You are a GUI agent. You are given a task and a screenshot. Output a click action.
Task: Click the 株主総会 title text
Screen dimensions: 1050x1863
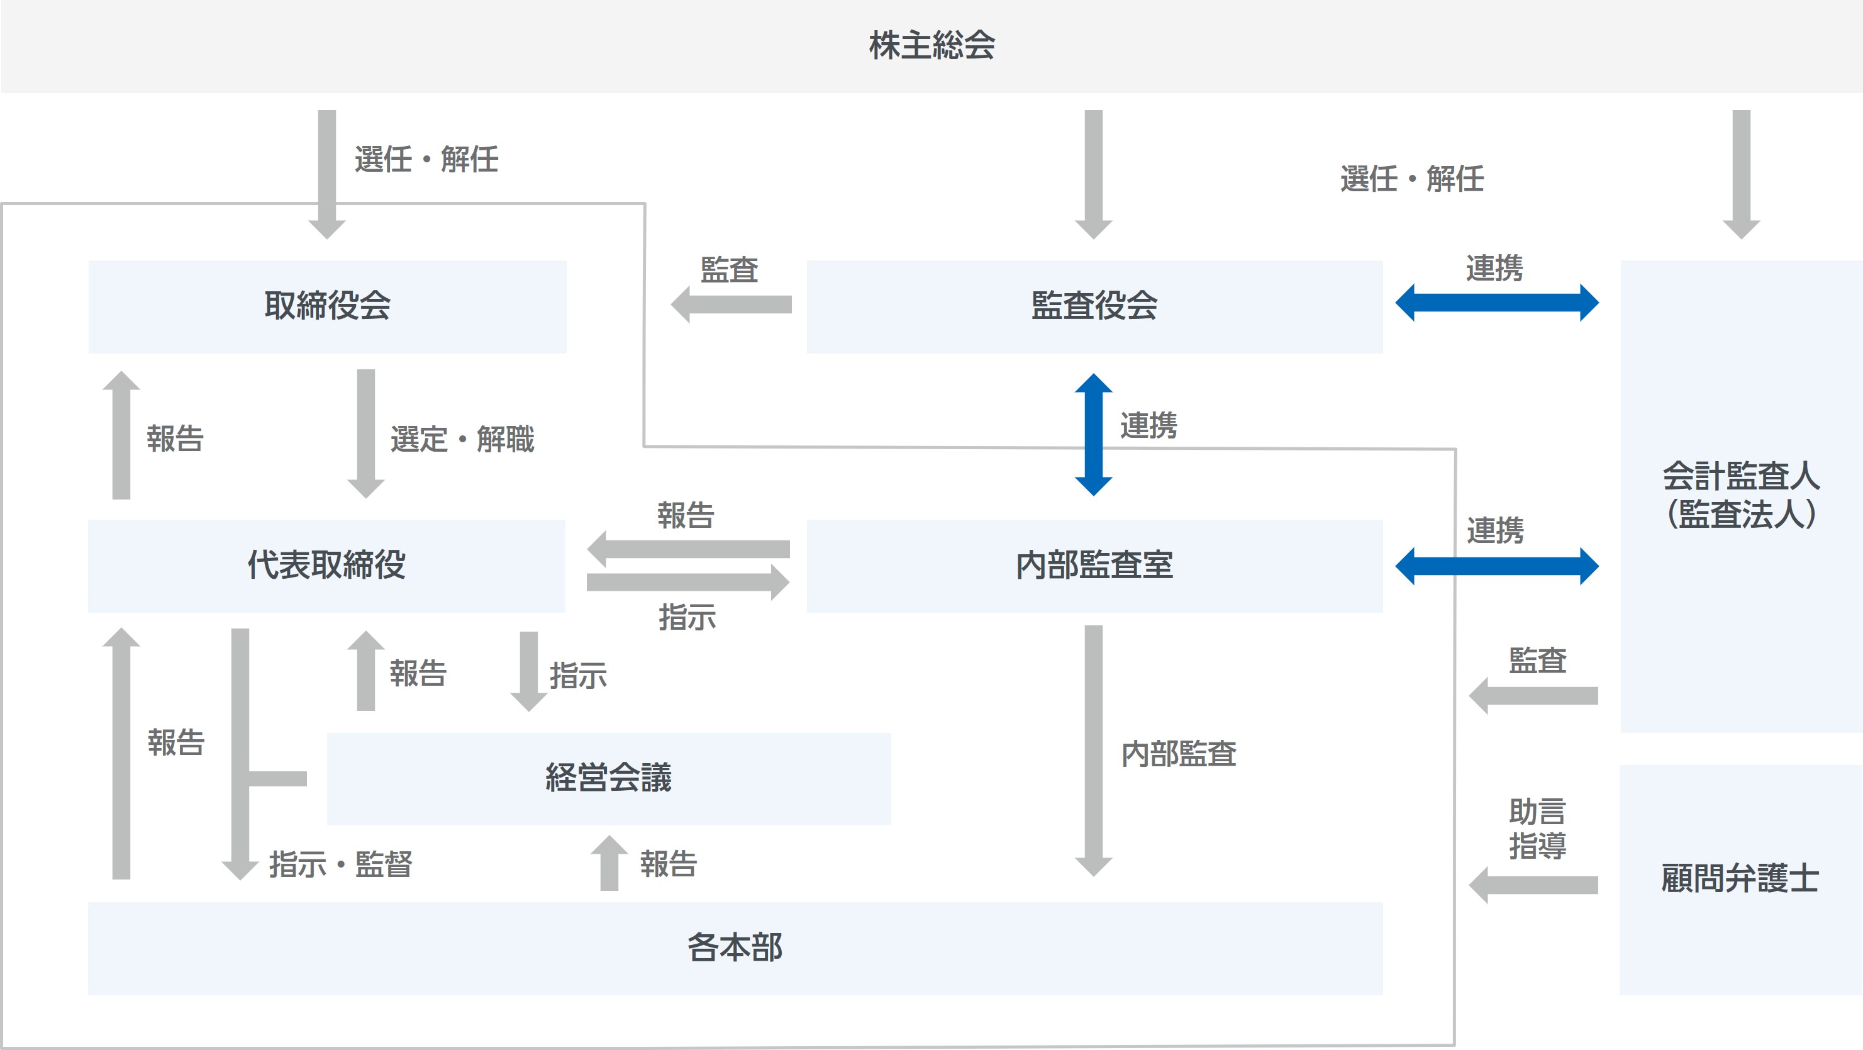pos(932,45)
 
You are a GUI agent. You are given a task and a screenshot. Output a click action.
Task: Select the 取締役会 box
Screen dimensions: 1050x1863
pos(327,306)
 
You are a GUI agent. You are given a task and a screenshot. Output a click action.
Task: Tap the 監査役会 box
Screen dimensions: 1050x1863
pos(1094,306)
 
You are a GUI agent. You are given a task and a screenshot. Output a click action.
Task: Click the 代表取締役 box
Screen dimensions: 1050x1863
pos(326,566)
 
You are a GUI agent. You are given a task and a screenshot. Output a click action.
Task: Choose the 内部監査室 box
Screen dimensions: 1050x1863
pos(1094,566)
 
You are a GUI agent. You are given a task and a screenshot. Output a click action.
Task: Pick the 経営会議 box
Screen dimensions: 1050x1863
pos(608,778)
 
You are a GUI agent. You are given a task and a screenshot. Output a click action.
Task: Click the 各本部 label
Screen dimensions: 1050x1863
pos(735,947)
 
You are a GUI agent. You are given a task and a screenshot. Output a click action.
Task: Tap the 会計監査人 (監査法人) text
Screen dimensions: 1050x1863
pos(1741,495)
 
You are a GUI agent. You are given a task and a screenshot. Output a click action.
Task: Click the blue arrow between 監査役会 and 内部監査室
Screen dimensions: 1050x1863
pos(1094,434)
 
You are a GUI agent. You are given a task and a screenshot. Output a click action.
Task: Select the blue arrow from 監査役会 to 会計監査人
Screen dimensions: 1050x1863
pos(1496,302)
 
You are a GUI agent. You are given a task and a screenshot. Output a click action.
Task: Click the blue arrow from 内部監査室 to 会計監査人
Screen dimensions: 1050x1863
pos(1496,566)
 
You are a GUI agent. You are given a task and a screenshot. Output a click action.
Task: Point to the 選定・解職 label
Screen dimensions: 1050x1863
pos(462,439)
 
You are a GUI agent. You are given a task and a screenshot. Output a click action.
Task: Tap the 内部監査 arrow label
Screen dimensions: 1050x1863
pos(1178,754)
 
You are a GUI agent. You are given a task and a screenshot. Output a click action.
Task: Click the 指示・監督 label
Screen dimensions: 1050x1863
pos(341,864)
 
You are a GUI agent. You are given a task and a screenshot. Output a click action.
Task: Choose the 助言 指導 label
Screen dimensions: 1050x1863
pos(1537,829)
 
